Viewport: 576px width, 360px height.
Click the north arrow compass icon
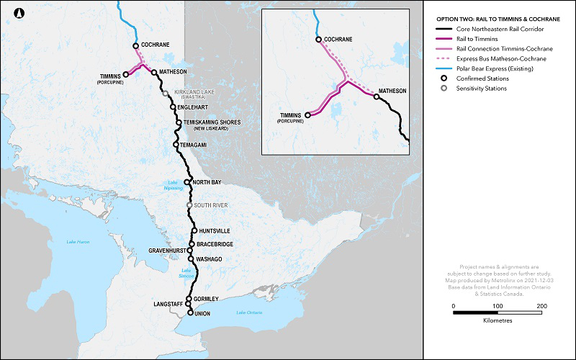(20, 12)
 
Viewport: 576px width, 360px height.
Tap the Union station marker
(190, 313)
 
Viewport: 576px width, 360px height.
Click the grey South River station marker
(189, 205)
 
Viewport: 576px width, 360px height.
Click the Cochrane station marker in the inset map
(318, 40)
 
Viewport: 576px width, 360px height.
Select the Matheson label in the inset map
(393, 91)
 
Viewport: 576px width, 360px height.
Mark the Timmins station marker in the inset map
(307, 114)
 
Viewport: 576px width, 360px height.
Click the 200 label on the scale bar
(541, 306)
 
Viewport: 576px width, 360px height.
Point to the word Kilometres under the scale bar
(498, 320)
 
